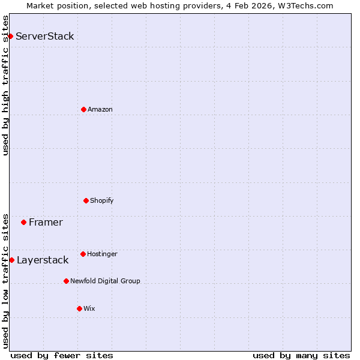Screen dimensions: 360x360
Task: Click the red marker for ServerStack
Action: (x=10, y=36)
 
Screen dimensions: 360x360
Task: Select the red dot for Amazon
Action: (x=83, y=109)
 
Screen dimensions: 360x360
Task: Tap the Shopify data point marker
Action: (x=86, y=200)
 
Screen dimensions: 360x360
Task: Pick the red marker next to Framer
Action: (x=23, y=222)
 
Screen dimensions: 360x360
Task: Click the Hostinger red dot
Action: (x=83, y=254)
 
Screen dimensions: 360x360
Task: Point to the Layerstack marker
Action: (x=11, y=260)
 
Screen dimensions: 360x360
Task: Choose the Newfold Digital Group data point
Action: (x=66, y=281)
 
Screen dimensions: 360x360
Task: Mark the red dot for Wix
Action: (x=79, y=308)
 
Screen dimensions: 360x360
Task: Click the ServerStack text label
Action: (x=45, y=36)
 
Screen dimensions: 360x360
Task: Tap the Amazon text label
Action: (x=100, y=109)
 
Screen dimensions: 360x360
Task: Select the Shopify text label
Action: (x=102, y=200)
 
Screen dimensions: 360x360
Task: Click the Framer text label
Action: (x=46, y=222)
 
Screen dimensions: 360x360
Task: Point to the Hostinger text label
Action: (x=102, y=254)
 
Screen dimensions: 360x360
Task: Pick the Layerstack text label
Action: (x=43, y=260)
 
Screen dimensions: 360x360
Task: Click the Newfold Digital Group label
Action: (x=105, y=281)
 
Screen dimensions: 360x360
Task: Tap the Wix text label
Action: (x=89, y=308)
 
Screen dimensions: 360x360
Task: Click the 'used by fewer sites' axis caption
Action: (x=62, y=356)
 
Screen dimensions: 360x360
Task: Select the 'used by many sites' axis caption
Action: (x=301, y=356)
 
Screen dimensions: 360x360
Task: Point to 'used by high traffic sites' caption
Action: (x=5, y=85)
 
